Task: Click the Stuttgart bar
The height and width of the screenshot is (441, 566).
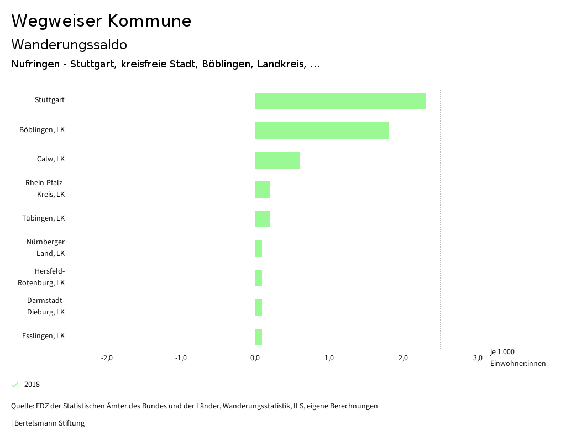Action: pos(340,101)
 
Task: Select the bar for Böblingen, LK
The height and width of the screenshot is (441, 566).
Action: pos(321,130)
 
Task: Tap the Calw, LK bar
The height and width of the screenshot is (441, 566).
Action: pos(277,160)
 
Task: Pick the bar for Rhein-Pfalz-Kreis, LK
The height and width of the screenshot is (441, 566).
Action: pos(262,189)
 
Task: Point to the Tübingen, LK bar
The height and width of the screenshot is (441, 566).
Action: pos(262,218)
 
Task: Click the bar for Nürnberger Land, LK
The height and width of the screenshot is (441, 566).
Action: pos(258,248)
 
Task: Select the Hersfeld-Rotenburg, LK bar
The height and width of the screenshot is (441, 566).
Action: pos(258,277)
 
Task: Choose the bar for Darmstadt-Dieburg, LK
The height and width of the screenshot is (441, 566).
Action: pos(258,307)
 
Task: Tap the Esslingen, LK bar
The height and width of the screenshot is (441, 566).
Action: pos(258,336)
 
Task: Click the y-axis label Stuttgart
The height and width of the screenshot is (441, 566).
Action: pos(50,100)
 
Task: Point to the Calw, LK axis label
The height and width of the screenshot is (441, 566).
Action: pos(51,159)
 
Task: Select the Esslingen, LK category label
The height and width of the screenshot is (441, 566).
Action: pos(44,335)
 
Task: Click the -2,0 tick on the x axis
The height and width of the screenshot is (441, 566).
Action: pos(107,358)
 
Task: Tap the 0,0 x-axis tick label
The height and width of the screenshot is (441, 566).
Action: pos(255,358)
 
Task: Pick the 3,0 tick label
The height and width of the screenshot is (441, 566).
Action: pos(478,358)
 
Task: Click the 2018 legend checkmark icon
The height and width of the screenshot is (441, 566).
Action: pos(15,385)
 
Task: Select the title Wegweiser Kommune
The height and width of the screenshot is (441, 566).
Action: pos(101,21)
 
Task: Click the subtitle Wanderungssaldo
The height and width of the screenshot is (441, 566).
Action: pos(69,44)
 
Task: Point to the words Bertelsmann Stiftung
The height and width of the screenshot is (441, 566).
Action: pos(49,423)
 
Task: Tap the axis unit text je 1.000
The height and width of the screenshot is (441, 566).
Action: pos(502,352)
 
